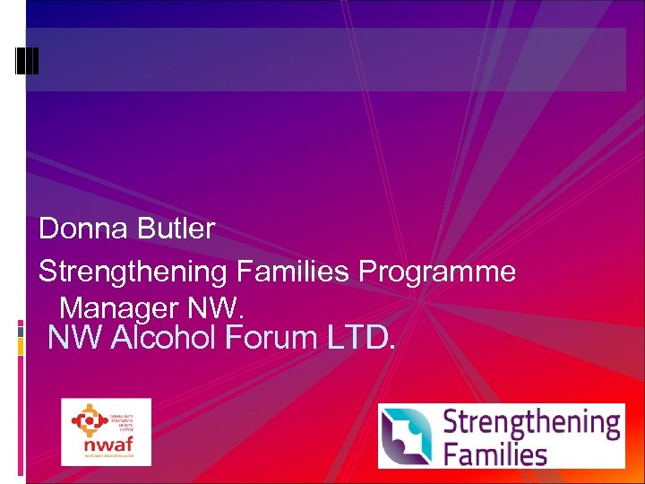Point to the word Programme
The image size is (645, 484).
point(437,272)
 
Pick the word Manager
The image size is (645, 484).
point(119,308)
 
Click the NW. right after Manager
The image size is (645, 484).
point(215,308)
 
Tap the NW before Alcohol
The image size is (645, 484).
point(73,338)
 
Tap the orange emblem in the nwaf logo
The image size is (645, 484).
point(90,418)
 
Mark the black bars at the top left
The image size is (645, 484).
point(27,59)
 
